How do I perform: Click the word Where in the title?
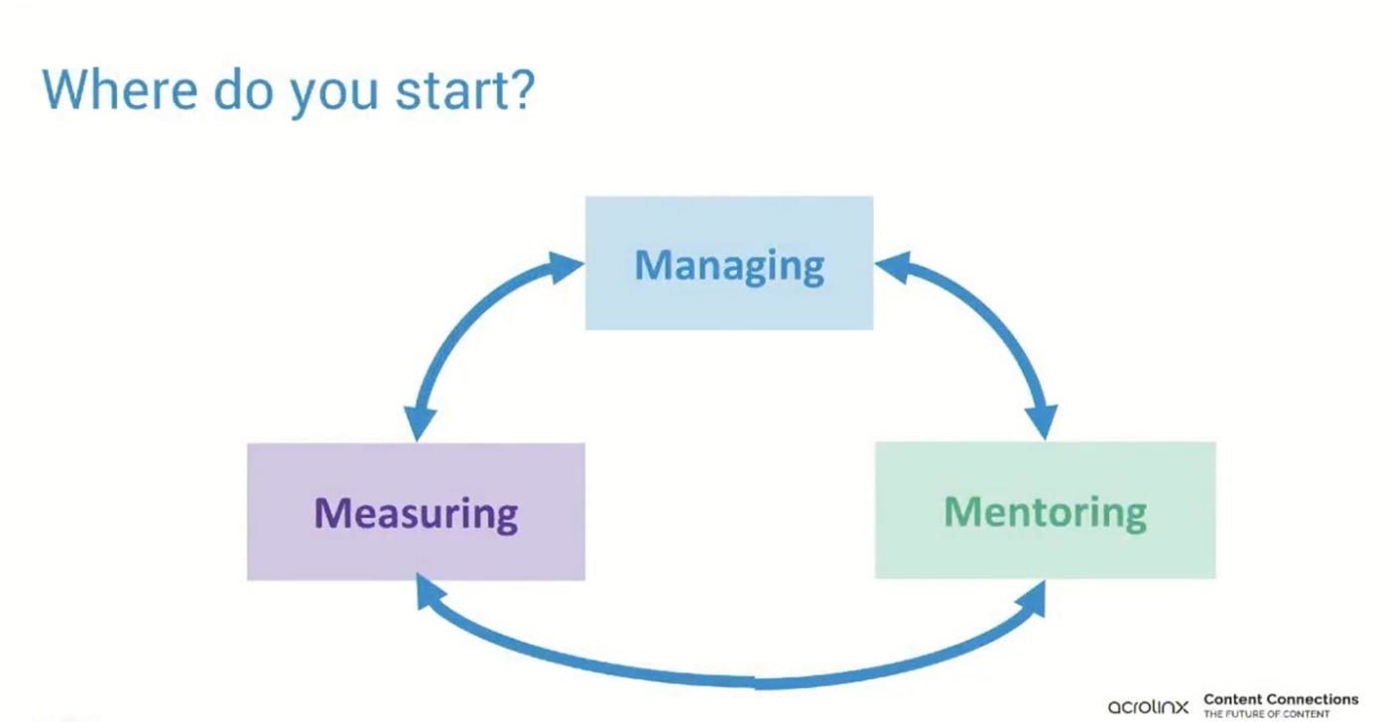pyautogui.click(x=120, y=89)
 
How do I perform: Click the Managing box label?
pyautogui.click(x=729, y=267)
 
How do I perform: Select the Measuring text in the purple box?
pyautogui.click(x=416, y=515)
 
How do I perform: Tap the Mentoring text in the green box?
pyautogui.click(x=1046, y=513)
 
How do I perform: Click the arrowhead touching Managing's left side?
pyautogui.click(x=566, y=267)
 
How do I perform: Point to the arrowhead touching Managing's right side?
pyautogui.click(x=893, y=267)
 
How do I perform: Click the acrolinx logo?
pyautogui.click(x=1148, y=706)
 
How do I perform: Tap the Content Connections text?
pyautogui.click(x=1281, y=699)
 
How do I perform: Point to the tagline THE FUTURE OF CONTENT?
pyautogui.click(x=1267, y=715)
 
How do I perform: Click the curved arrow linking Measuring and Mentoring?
pyautogui.click(x=732, y=682)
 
